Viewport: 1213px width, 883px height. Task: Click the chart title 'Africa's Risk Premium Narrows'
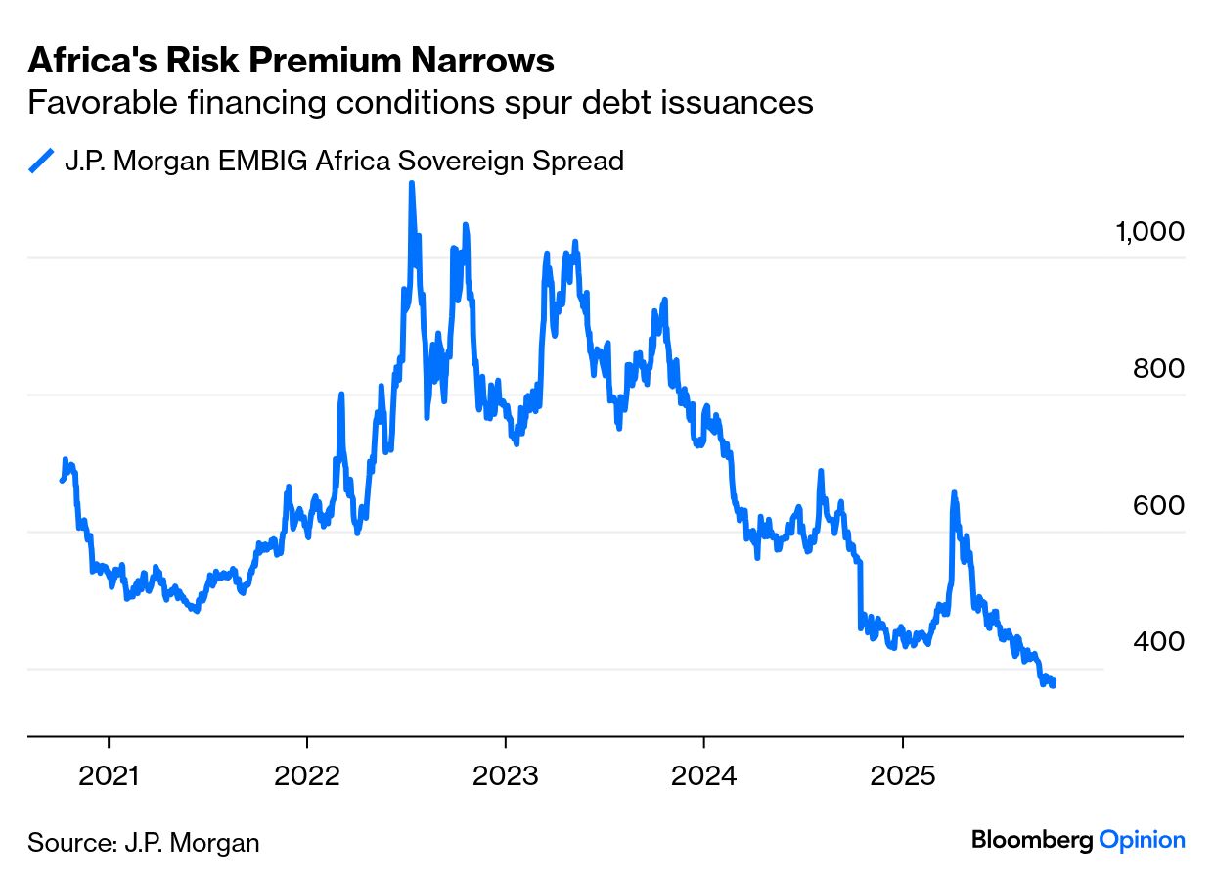coord(291,61)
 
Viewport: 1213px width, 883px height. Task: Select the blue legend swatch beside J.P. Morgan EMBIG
coord(41,161)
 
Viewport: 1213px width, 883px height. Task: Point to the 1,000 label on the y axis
coord(1149,232)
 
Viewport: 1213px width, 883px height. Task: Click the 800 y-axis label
coord(1158,369)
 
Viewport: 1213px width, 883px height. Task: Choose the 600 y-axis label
coord(1158,506)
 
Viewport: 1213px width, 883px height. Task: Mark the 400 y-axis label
coord(1158,642)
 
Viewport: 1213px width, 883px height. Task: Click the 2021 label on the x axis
coord(110,776)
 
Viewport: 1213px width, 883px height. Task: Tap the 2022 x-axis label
coord(307,776)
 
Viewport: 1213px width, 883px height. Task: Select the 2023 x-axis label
coord(505,776)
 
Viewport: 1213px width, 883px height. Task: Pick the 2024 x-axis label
coord(703,776)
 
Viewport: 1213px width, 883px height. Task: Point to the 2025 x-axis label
coord(902,776)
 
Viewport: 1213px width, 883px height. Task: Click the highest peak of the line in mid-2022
coord(412,184)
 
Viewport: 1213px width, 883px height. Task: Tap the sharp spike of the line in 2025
coord(953,493)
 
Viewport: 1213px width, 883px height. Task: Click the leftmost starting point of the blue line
coord(62,480)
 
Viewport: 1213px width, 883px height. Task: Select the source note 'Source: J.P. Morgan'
coord(144,843)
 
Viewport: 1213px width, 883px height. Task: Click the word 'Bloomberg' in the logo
coord(1032,840)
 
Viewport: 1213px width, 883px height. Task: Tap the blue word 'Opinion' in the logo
coord(1143,840)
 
